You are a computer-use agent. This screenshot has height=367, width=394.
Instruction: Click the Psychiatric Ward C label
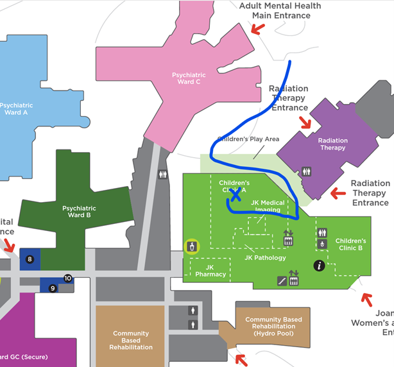tap(189, 78)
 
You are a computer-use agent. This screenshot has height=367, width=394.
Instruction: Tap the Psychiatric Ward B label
tap(79, 212)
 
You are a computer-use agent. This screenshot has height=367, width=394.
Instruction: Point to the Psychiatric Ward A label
tap(15, 108)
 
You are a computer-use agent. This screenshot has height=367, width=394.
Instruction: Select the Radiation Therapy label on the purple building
tap(332, 144)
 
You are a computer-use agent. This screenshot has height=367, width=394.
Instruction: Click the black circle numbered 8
tap(30, 259)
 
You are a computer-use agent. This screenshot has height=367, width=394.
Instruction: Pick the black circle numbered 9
tap(53, 288)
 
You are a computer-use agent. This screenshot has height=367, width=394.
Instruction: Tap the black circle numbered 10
tap(68, 278)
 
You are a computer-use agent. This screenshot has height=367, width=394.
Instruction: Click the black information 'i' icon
tap(318, 265)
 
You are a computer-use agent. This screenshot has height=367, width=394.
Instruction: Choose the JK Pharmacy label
tap(210, 271)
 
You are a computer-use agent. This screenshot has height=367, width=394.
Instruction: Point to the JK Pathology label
tap(265, 257)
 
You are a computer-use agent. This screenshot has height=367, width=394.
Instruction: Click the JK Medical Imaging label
tap(268, 206)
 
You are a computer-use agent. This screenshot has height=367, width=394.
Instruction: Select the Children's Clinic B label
tap(350, 244)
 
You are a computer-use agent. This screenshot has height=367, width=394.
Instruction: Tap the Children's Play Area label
tap(248, 139)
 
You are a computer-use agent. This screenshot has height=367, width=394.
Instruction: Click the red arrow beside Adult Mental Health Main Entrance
tap(257, 29)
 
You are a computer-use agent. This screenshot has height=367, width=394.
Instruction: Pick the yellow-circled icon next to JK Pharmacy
tap(192, 246)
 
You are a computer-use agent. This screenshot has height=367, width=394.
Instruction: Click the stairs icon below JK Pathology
tap(282, 280)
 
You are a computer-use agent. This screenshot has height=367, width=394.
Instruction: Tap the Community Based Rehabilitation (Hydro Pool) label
tap(273, 327)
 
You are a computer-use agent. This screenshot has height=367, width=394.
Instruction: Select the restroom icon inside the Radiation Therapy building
tap(307, 171)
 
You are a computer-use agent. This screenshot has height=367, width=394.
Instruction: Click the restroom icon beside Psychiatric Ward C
tap(163, 173)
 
